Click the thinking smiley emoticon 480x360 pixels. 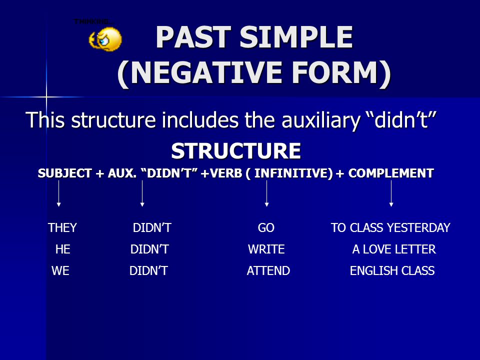[x=105, y=39]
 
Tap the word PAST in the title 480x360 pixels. [x=193, y=37]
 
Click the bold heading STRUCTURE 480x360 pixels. [x=235, y=150]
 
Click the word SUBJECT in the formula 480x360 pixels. [x=64, y=173]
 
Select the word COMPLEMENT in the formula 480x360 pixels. [x=391, y=173]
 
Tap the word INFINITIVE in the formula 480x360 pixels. [x=293, y=173]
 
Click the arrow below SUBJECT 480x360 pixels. [x=59, y=193]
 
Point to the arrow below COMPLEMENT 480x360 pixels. [x=391, y=193]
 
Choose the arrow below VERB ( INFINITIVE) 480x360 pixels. [x=266, y=193]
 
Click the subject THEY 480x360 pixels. [x=62, y=228]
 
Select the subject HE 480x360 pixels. [x=63, y=249]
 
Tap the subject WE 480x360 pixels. [x=60, y=270]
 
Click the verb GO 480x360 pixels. [x=266, y=228]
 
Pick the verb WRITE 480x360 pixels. [x=266, y=249]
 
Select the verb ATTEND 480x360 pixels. [x=268, y=270]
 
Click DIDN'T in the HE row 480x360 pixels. [x=149, y=249]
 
